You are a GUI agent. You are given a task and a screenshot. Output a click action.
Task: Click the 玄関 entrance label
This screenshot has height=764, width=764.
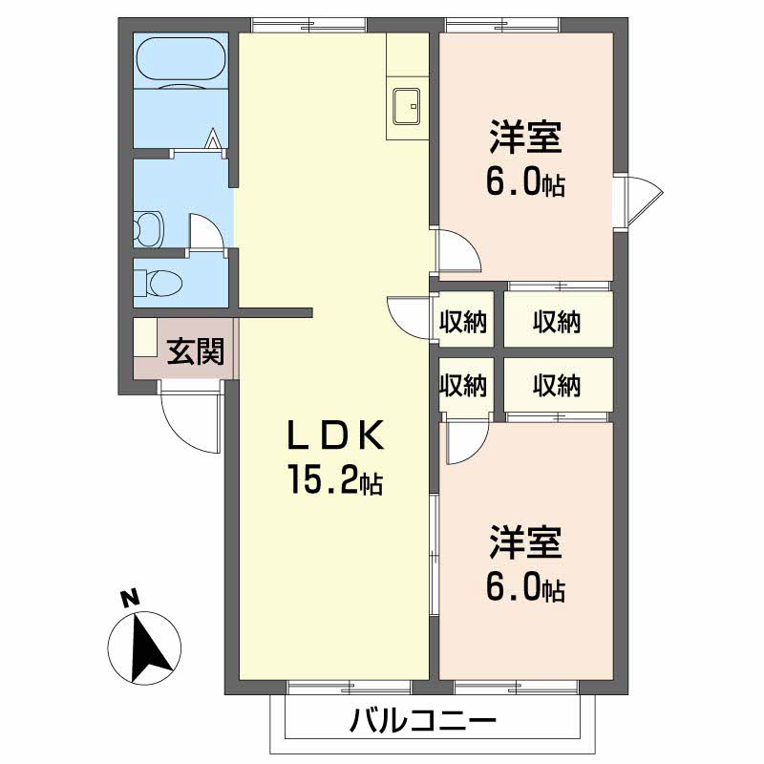[197, 351]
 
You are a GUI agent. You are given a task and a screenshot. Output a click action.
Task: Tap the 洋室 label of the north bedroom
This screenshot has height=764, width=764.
[524, 137]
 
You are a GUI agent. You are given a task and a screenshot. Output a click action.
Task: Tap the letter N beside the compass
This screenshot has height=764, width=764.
[130, 600]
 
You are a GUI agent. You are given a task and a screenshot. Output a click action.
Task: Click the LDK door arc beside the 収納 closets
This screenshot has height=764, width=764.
[408, 315]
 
